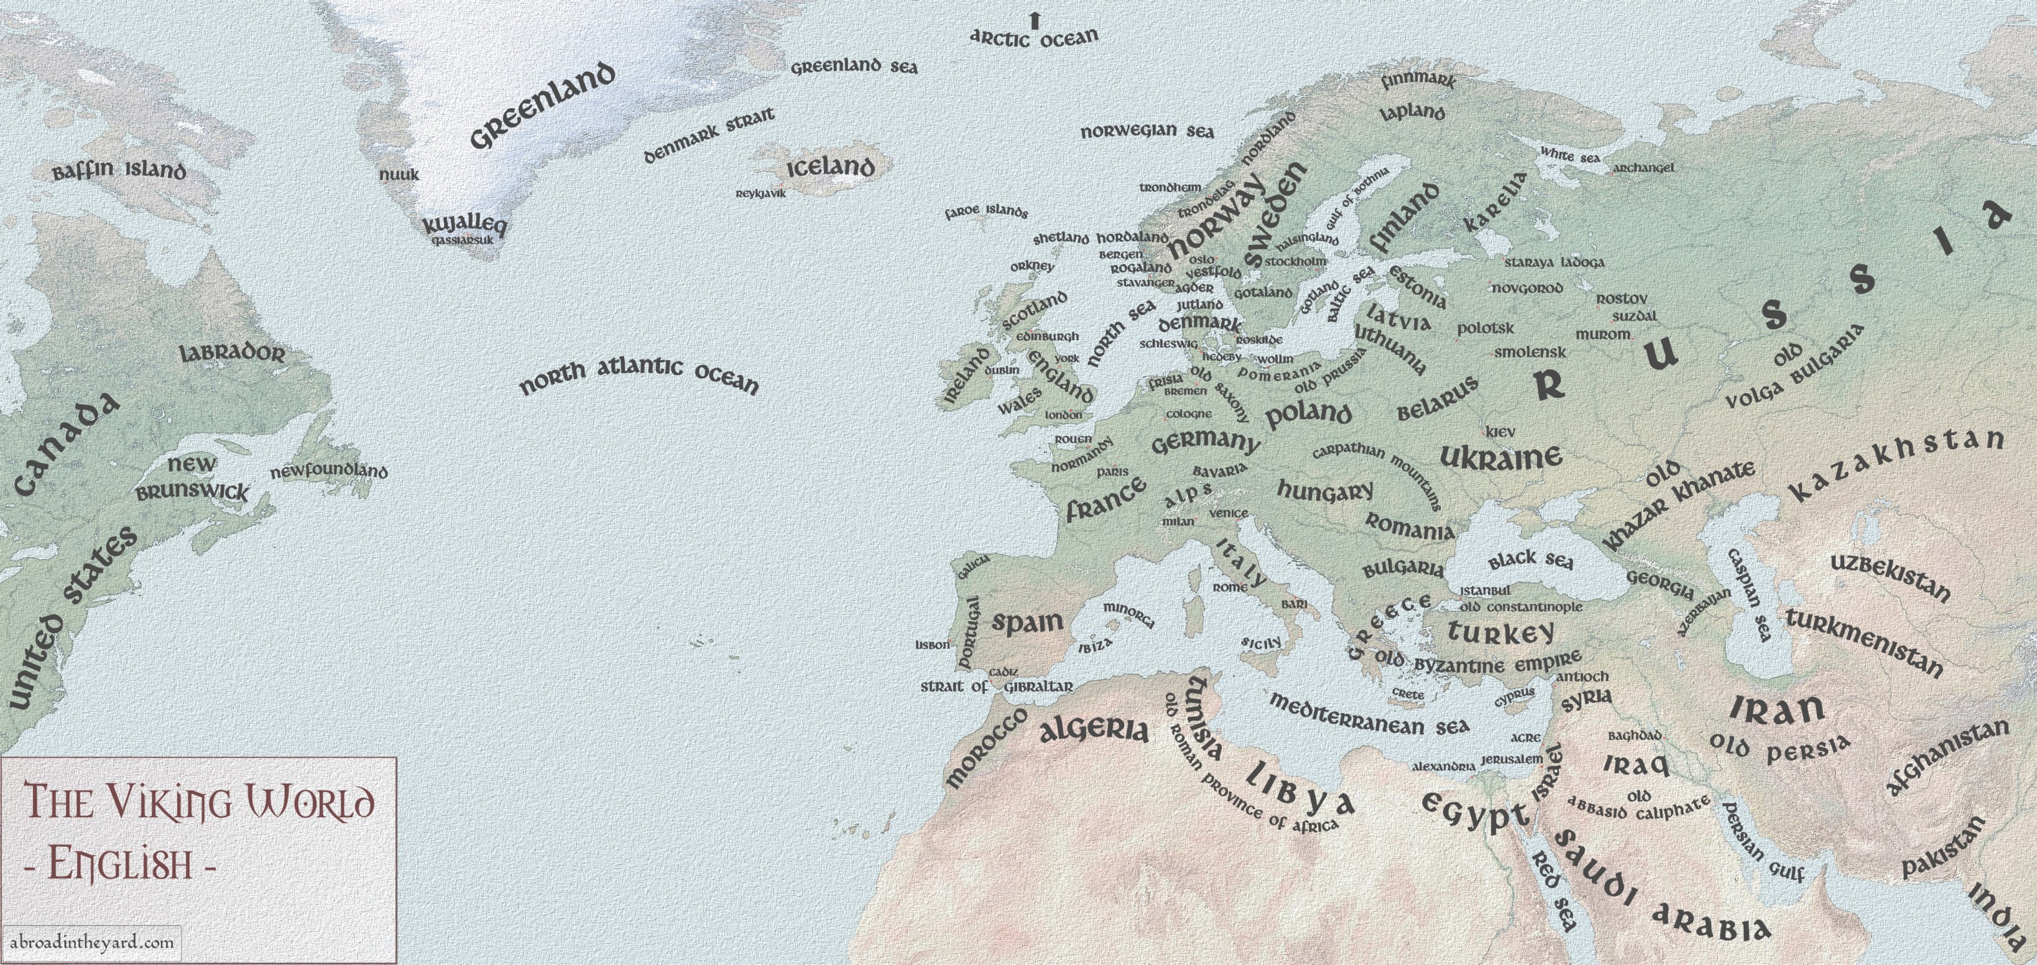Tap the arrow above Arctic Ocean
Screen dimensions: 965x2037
point(1033,19)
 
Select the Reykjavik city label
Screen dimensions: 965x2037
point(760,193)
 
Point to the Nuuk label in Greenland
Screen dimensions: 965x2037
point(399,174)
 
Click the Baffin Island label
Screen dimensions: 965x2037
point(119,171)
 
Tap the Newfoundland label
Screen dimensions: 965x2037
point(329,472)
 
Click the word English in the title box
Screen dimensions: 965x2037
point(120,862)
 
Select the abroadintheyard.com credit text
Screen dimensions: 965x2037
point(93,942)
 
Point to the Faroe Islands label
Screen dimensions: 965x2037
point(986,212)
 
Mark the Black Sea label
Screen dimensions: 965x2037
point(1530,560)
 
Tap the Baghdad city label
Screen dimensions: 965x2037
point(1635,735)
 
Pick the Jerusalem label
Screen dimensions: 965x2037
point(1511,759)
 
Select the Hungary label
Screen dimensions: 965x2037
point(1325,491)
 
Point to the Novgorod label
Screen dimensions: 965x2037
point(1527,288)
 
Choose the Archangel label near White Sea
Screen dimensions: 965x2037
point(1643,168)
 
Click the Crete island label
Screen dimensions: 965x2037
point(1408,695)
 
